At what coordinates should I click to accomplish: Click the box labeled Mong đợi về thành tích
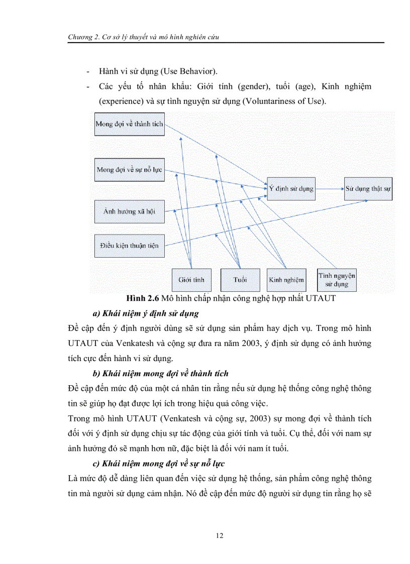[130, 124]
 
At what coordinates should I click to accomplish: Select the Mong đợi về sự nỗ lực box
[130, 170]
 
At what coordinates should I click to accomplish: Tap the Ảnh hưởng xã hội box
[130, 211]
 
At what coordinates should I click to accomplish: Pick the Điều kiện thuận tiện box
[130, 246]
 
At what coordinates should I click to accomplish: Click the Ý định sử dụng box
[291, 189]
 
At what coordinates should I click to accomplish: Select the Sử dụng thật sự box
[368, 189]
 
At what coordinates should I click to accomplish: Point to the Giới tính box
[191, 280]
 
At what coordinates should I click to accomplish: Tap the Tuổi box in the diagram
[240, 280]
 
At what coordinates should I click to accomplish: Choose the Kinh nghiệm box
[286, 280]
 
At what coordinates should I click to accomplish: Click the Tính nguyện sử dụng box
[336, 280]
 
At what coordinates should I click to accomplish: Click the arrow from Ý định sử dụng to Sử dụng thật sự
[330, 189]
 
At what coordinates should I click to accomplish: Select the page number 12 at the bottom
[219, 536]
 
